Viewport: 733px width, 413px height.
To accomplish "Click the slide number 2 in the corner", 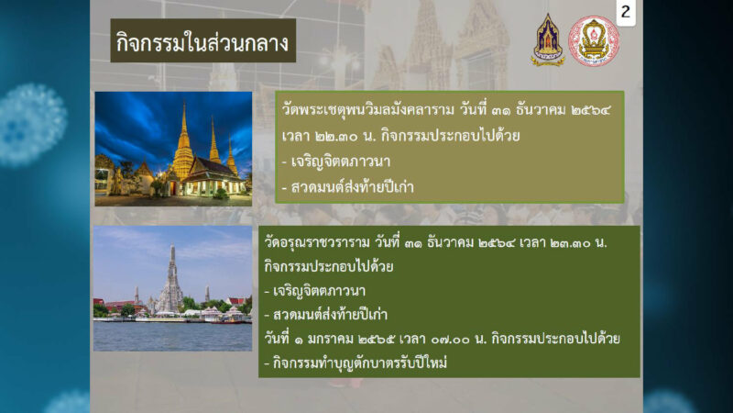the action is [626, 12].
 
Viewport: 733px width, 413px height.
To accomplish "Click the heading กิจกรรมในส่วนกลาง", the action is [202, 42].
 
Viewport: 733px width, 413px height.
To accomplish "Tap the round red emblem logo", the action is [594, 40].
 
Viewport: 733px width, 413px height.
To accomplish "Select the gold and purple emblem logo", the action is [548, 39].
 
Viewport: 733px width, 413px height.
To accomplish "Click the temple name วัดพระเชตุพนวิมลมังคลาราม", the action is [368, 110].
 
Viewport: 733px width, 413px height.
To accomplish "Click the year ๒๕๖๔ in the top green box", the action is [591, 110].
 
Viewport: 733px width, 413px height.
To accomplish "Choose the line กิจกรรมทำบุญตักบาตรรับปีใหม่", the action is [356, 363].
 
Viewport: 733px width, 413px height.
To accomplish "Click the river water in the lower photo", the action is [172, 336].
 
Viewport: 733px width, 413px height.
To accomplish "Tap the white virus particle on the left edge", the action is [32, 124].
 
